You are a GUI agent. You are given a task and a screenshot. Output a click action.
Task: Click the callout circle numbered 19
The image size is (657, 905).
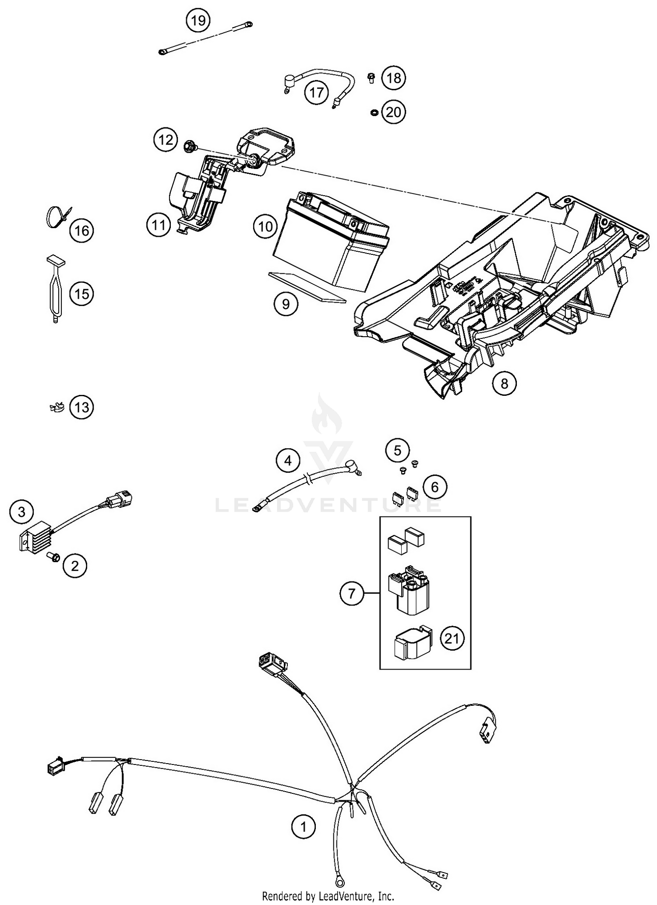(x=198, y=21)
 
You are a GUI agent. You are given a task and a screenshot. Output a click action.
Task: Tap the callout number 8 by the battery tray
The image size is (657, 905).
(x=504, y=384)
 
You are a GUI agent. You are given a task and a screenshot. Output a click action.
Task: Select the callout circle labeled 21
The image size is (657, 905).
(x=452, y=638)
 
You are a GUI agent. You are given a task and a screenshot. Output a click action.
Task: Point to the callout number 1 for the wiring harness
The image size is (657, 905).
(x=303, y=827)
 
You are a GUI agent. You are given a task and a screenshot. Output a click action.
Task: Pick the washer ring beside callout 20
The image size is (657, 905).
(x=374, y=113)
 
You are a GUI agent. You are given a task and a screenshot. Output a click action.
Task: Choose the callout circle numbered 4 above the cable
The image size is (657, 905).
(x=288, y=461)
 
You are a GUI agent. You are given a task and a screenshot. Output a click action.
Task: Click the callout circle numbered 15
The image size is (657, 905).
(x=82, y=294)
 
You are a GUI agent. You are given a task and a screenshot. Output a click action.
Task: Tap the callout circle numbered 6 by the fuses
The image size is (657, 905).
(x=434, y=487)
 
